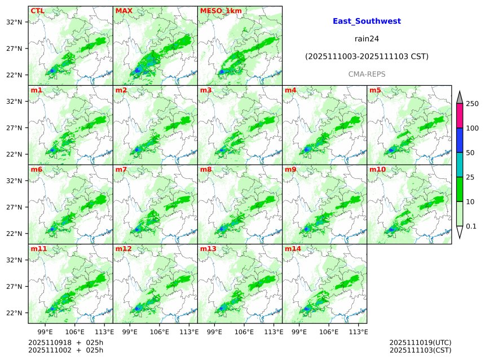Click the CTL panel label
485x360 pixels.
37,11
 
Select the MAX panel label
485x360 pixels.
124,11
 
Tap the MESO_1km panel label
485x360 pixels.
217,11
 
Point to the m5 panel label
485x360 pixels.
375,90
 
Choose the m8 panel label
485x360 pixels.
206,169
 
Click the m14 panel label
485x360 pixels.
293,249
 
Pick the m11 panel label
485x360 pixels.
39,249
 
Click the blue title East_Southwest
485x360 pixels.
367,21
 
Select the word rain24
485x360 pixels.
367,39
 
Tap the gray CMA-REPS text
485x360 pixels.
367,74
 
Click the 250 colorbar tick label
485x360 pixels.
472,104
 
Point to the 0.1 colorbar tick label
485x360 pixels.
471,226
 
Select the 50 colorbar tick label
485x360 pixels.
470,153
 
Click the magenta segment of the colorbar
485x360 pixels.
459,116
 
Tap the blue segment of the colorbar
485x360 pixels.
459,141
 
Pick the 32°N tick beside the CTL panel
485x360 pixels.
14,22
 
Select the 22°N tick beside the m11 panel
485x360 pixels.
14,313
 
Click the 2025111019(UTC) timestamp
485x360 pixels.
420,343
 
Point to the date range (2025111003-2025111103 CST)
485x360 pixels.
367,57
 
